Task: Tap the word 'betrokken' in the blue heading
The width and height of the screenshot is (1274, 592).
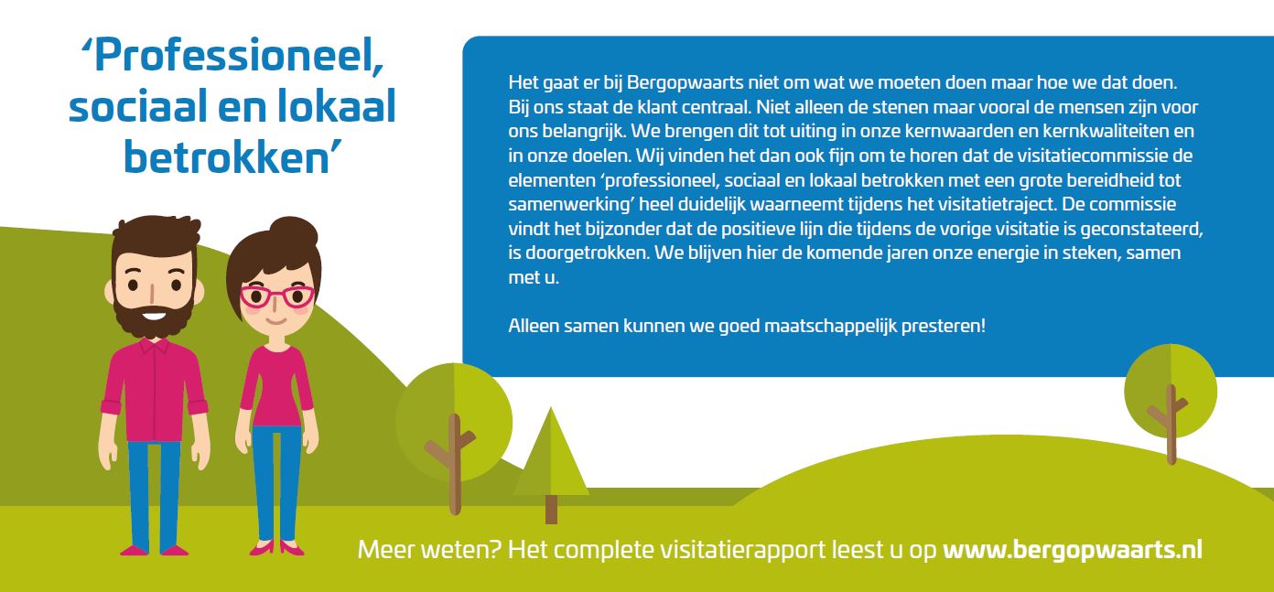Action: pyautogui.click(x=227, y=157)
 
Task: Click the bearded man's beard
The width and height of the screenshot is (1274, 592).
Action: pyautogui.click(x=153, y=316)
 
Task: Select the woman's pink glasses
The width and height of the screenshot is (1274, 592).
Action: pyautogui.click(x=277, y=296)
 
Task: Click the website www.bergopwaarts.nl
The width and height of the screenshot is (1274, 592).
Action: pyautogui.click(x=1073, y=550)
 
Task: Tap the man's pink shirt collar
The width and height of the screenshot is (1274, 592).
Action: pyautogui.click(x=153, y=346)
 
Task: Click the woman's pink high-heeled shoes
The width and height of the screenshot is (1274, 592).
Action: pyautogui.click(x=276, y=548)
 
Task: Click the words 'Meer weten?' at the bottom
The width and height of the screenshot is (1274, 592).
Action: pyautogui.click(x=429, y=550)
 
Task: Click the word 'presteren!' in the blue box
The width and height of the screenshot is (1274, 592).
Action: pyautogui.click(x=944, y=327)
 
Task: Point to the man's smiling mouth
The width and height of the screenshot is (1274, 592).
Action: pyautogui.click(x=154, y=313)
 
